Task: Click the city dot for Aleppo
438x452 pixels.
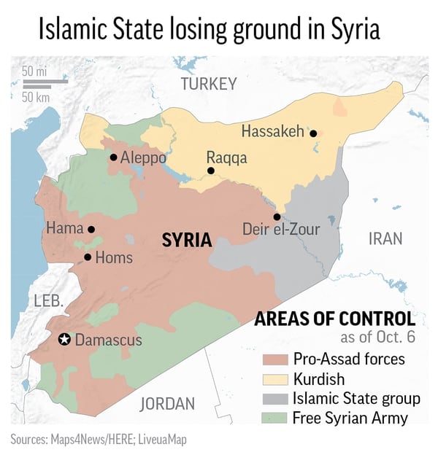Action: click(x=113, y=157)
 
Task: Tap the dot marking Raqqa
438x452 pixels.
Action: click(x=210, y=171)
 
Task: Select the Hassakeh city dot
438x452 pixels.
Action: click(x=313, y=133)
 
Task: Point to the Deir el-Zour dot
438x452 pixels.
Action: click(x=277, y=217)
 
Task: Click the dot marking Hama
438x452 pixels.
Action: click(x=91, y=229)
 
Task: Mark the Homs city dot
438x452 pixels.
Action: click(x=88, y=257)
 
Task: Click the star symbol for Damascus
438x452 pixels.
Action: click(x=64, y=339)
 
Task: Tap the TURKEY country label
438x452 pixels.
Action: click(x=209, y=84)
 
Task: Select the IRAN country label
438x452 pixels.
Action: click(x=385, y=238)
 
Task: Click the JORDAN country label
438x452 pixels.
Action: click(x=167, y=403)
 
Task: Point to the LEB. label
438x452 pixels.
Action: click(x=49, y=300)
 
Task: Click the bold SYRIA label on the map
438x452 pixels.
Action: click(x=186, y=240)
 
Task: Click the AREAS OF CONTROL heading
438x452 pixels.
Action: click(x=334, y=319)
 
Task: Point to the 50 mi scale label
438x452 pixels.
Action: click(x=34, y=71)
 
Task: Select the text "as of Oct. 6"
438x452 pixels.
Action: click(x=378, y=338)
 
